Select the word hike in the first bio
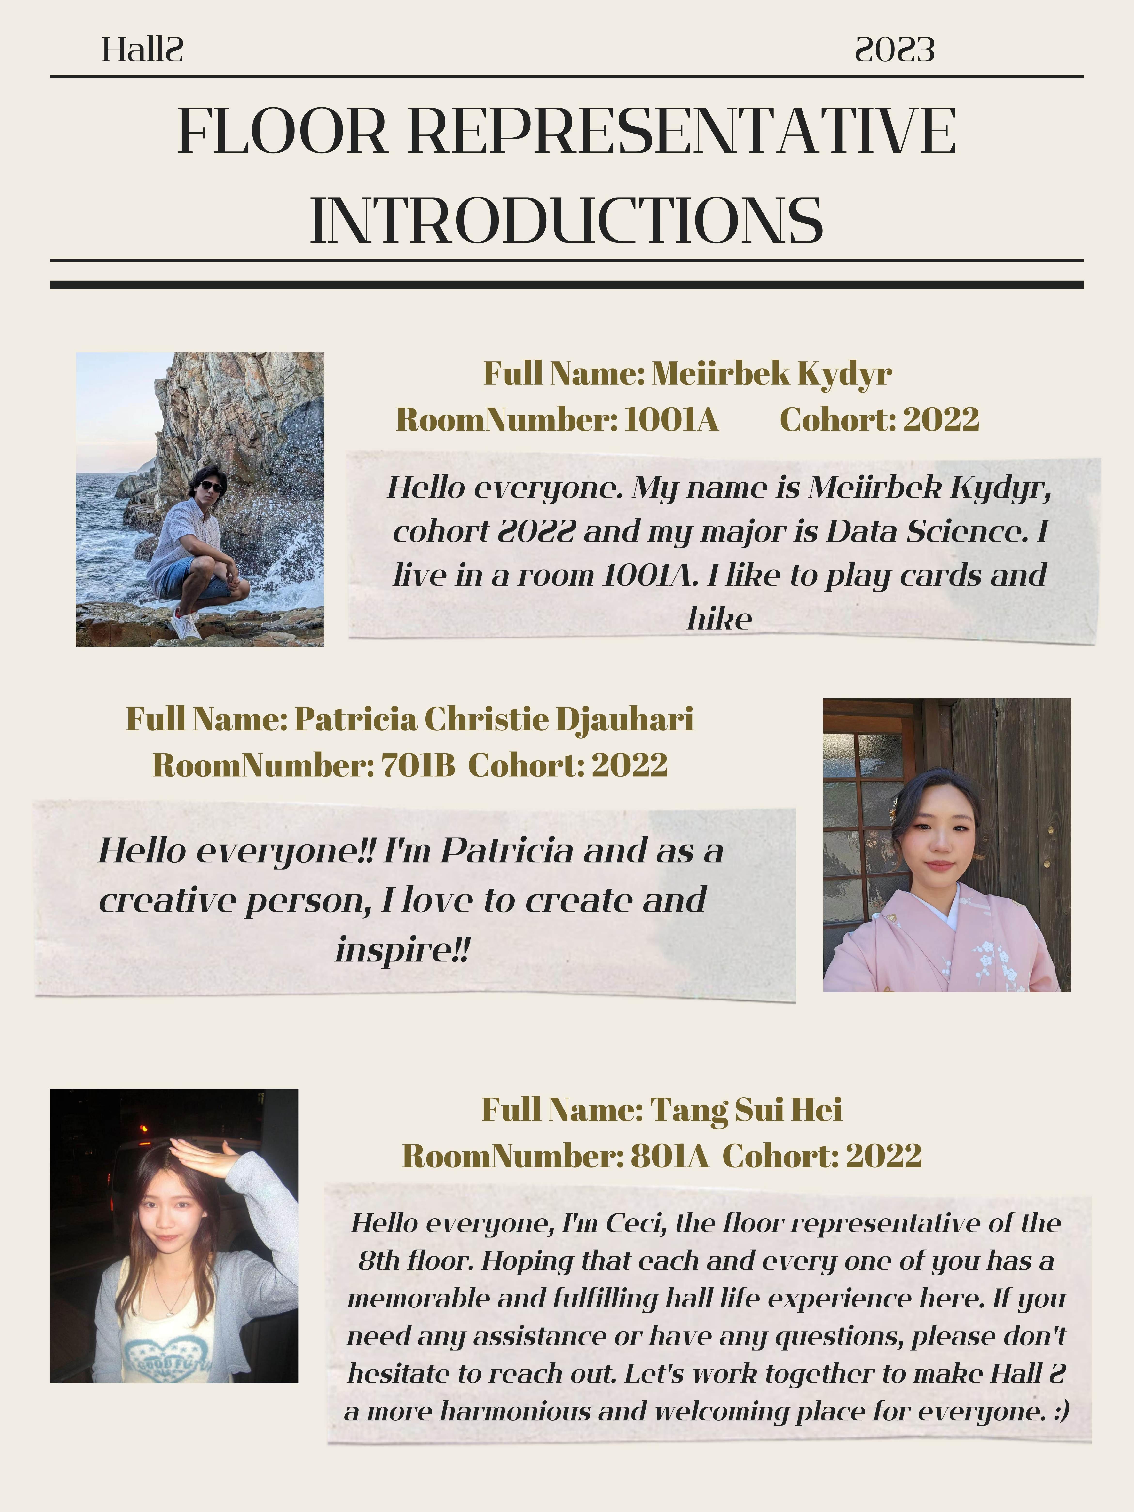coord(719,619)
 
